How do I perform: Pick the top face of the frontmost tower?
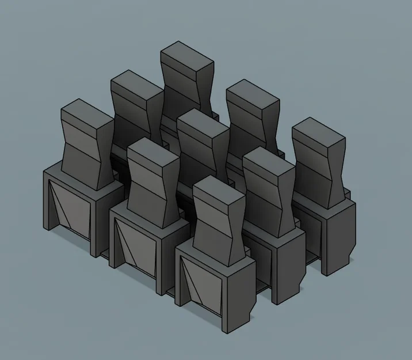(x=219, y=190)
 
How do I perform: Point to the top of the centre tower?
(x=203, y=123)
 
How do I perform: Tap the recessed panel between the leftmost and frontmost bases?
(x=137, y=245)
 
